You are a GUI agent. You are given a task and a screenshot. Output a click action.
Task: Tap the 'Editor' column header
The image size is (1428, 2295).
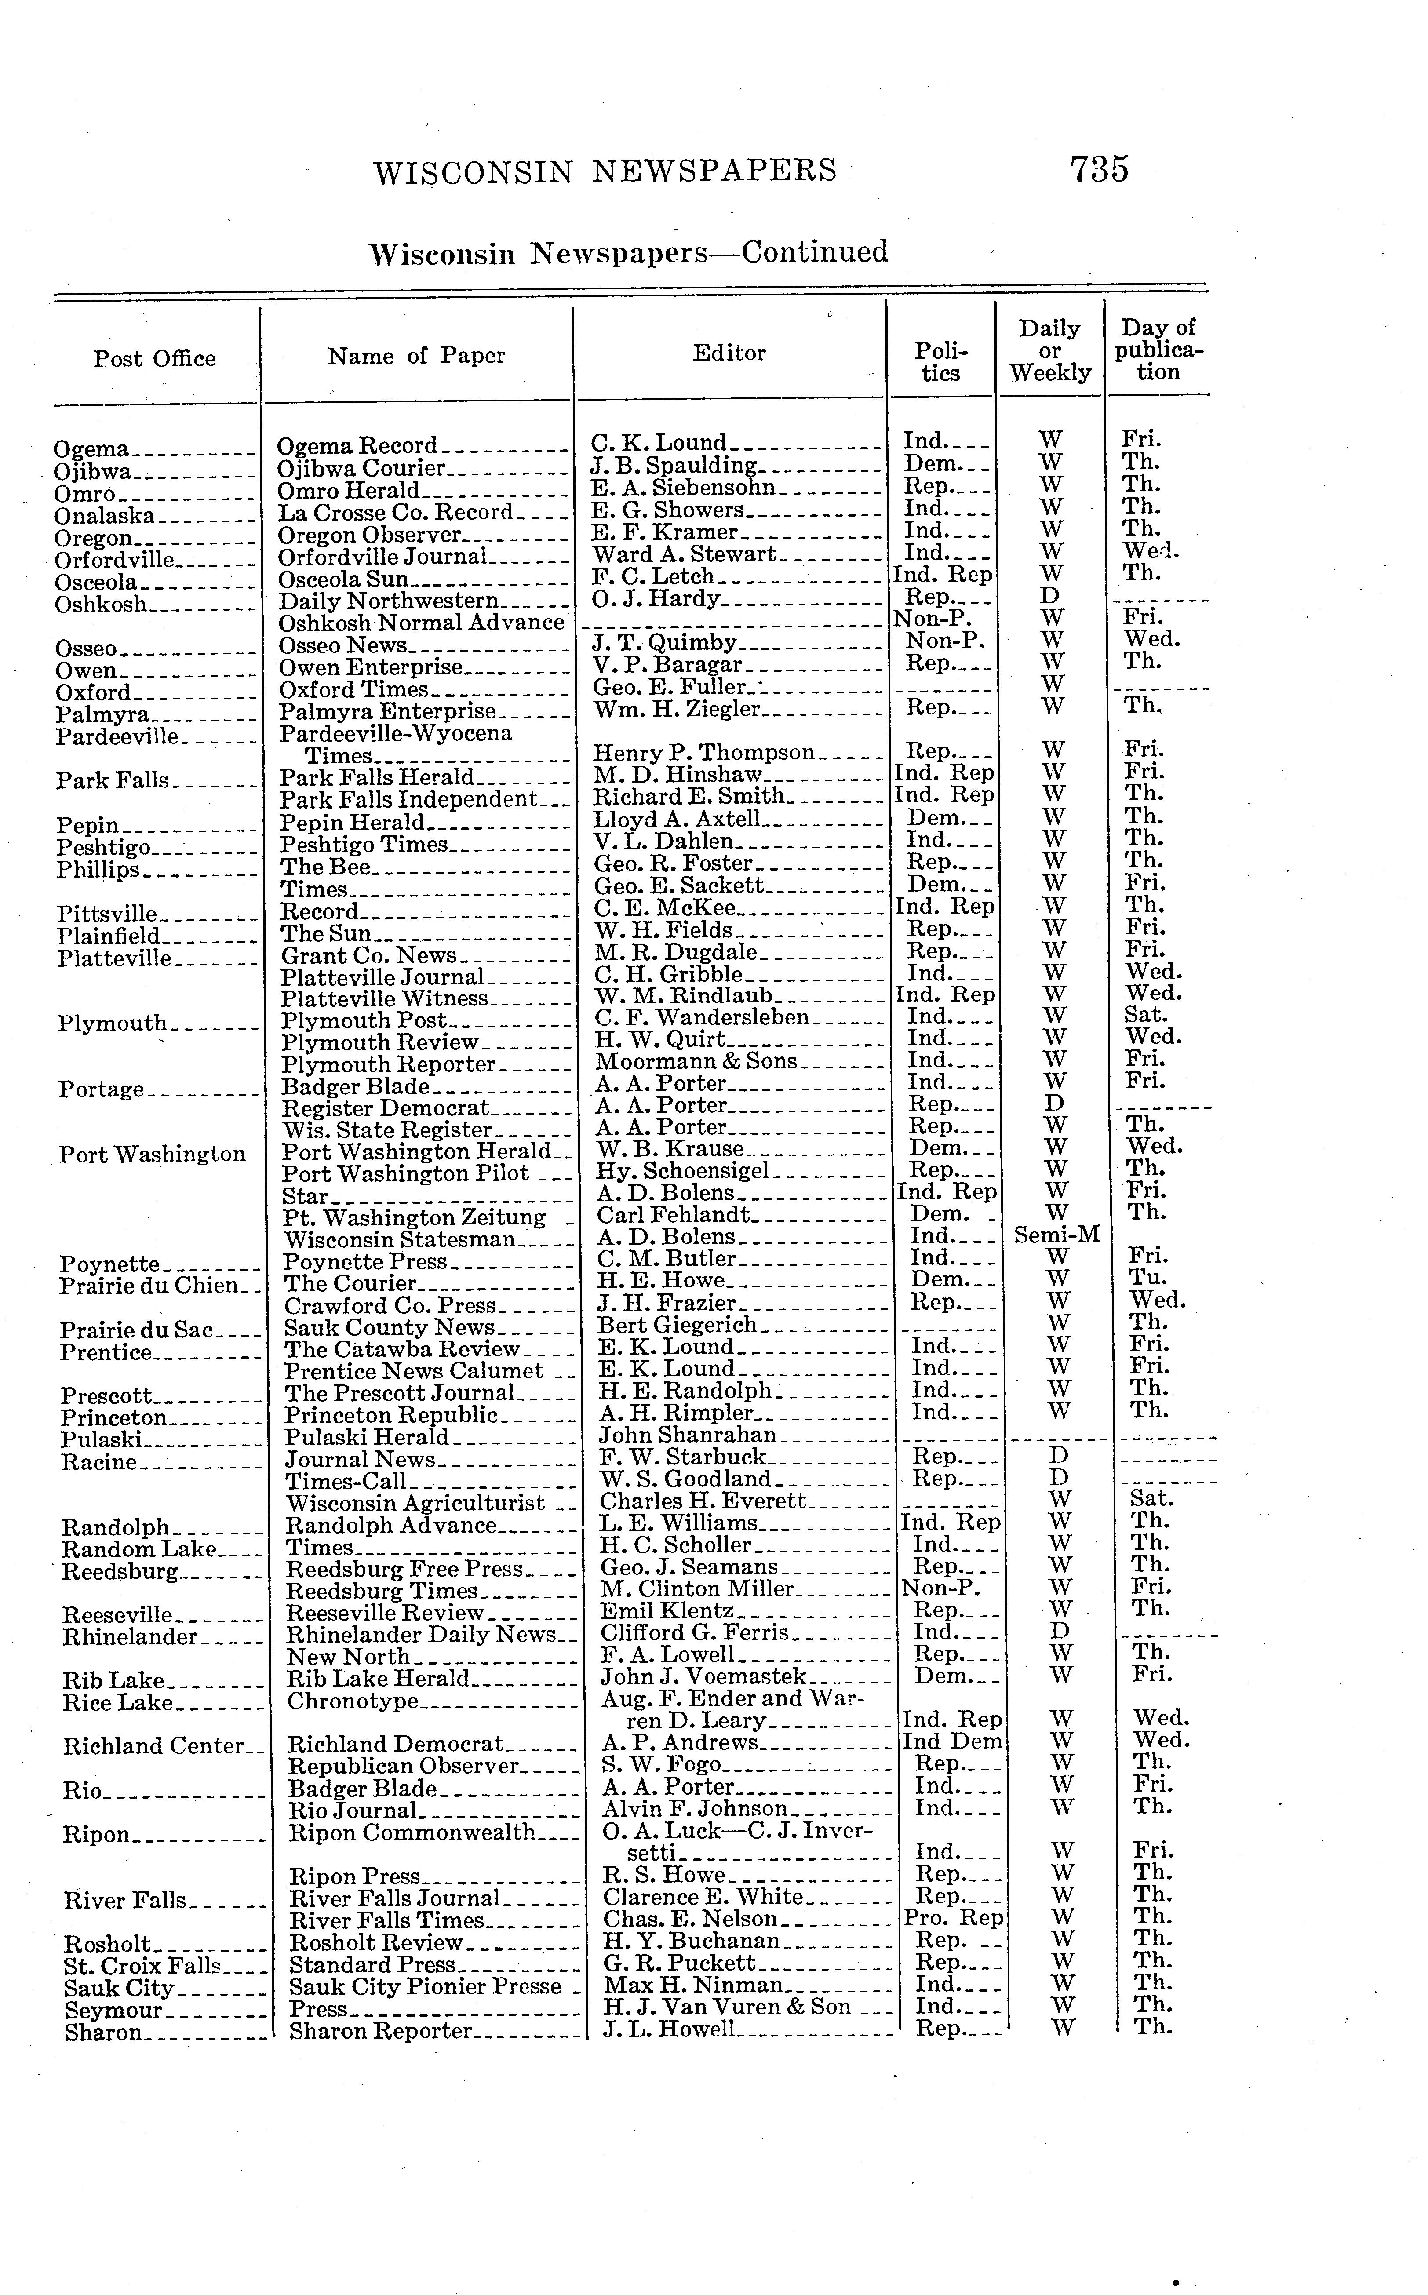pyautogui.click(x=729, y=353)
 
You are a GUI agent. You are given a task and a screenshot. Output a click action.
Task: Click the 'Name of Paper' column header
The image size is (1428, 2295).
pyautogui.click(x=416, y=356)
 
